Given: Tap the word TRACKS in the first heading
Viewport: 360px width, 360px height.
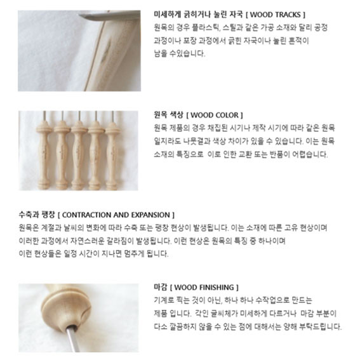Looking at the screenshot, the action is pyautogui.click(x=288, y=15).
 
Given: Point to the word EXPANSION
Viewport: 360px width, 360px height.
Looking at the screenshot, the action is pyautogui.click(x=150, y=215).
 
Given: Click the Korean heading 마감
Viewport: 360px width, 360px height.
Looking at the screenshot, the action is pyautogui.click(x=161, y=287).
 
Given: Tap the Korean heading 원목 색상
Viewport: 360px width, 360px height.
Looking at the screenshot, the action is pyautogui.click(x=169, y=115).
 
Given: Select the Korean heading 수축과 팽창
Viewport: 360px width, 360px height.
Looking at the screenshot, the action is pyautogui.click(x=37, y=215).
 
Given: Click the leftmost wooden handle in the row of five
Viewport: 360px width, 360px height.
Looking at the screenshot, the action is pyautogui.click(x=44, y=155).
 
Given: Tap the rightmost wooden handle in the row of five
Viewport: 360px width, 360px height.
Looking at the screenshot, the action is pyautogui.click(x=112, y=155).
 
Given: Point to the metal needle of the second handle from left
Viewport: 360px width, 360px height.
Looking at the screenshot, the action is pyautogui.click(x=62, y=116).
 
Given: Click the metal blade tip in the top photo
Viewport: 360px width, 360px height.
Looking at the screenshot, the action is pyautogui.click(x=81, y=15).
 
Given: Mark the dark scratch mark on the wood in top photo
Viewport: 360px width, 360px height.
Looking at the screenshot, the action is pyautogui.click(x=106, y=51).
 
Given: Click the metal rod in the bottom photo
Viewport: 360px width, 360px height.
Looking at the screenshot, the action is pyautogui.click(x=72, y=338).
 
